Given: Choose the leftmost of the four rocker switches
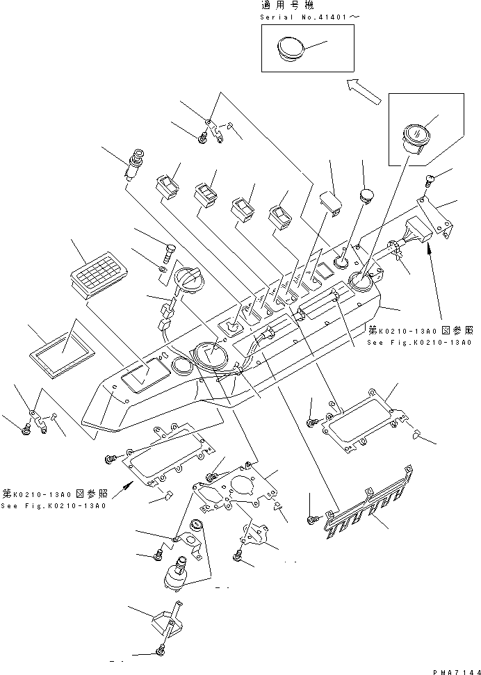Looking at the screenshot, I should [168, 188].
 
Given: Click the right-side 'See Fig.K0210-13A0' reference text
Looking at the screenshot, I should [421, 343].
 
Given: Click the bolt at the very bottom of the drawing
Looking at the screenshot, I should [161, 651].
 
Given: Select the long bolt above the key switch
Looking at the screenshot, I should [168, 248].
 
